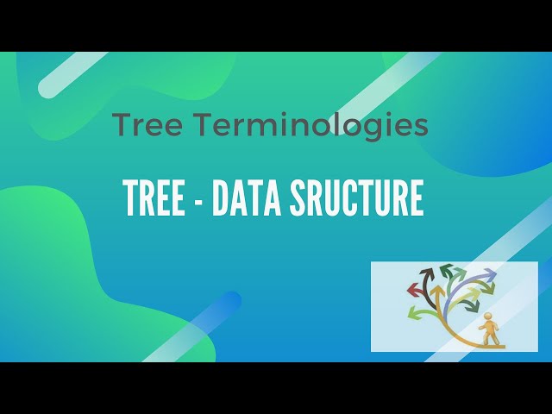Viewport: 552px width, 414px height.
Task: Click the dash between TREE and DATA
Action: (x=198, y=201)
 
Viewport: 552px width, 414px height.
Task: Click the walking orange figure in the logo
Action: (x=489, y=330)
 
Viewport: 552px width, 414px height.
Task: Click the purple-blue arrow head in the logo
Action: (x=489, y=275)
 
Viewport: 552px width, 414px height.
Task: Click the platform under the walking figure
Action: (x=491, y=345)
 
